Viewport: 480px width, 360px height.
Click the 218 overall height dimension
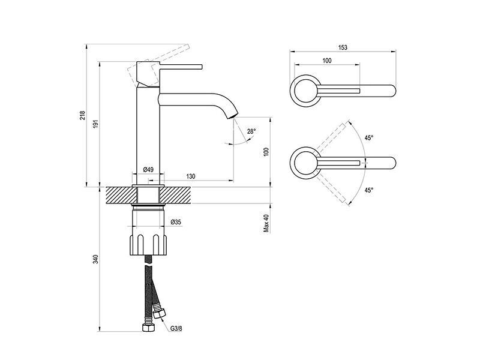(x=83, y=115)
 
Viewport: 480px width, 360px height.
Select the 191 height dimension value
(x=96, y=124)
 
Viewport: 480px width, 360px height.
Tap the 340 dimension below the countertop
(x=96, y=259)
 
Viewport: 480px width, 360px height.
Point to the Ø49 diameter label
(x=148, y=170)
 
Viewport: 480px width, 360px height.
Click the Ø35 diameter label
(x=176, y=222)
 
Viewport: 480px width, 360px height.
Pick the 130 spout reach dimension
(x=190, y=176)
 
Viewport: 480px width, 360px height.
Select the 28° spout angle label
(x=251, y=131)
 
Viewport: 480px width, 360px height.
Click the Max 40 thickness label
(x=266, y=223)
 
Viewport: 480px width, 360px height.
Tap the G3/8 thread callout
(x=176, y=329)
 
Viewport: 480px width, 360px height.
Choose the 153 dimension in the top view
(x=343, y=47)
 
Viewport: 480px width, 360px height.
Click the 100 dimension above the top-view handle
(x=327, y=61)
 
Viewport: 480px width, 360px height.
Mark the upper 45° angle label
(x=369, y=138)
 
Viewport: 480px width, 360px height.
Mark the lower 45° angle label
(x=369, y=190)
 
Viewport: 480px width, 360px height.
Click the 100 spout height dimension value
(x=266, y=152)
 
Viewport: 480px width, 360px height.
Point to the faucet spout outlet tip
(x=233, y=116)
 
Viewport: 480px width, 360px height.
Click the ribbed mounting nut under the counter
(x=148, y=245)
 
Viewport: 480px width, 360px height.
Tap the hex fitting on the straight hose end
(x=148, y=327)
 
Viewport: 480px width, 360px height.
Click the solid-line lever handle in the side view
(x=181, y=67)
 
